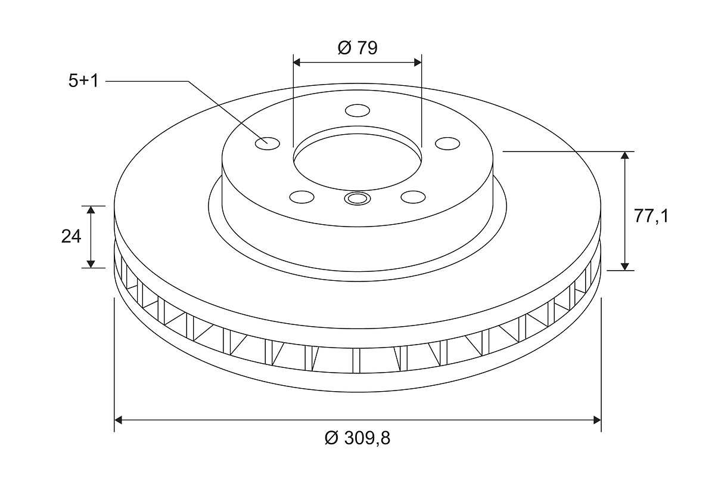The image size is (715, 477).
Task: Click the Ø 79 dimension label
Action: pyautogui.click(x=357, y=48)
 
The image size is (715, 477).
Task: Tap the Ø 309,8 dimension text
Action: pyautogui.click(x=357, y=438)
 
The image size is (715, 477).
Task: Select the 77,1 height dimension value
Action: pyautogui.click(x=651, y=216)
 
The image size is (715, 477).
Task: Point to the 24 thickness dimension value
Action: pyautogui.click(x=71, y=237)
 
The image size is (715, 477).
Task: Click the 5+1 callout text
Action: pyautogui.click(x=83, y=81)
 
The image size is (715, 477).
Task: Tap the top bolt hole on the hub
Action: pyautogui.click(x=357, y=110)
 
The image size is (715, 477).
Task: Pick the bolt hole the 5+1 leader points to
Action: pyautogui.click(x=268, y=144)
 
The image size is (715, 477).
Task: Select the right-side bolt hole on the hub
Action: pyautogui.click(x=447, y=144)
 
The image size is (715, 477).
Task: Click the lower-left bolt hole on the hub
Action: pyautogui.click(x=301, y=197)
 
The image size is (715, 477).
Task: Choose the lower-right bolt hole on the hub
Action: pyautogui.click(x=413, y=197)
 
